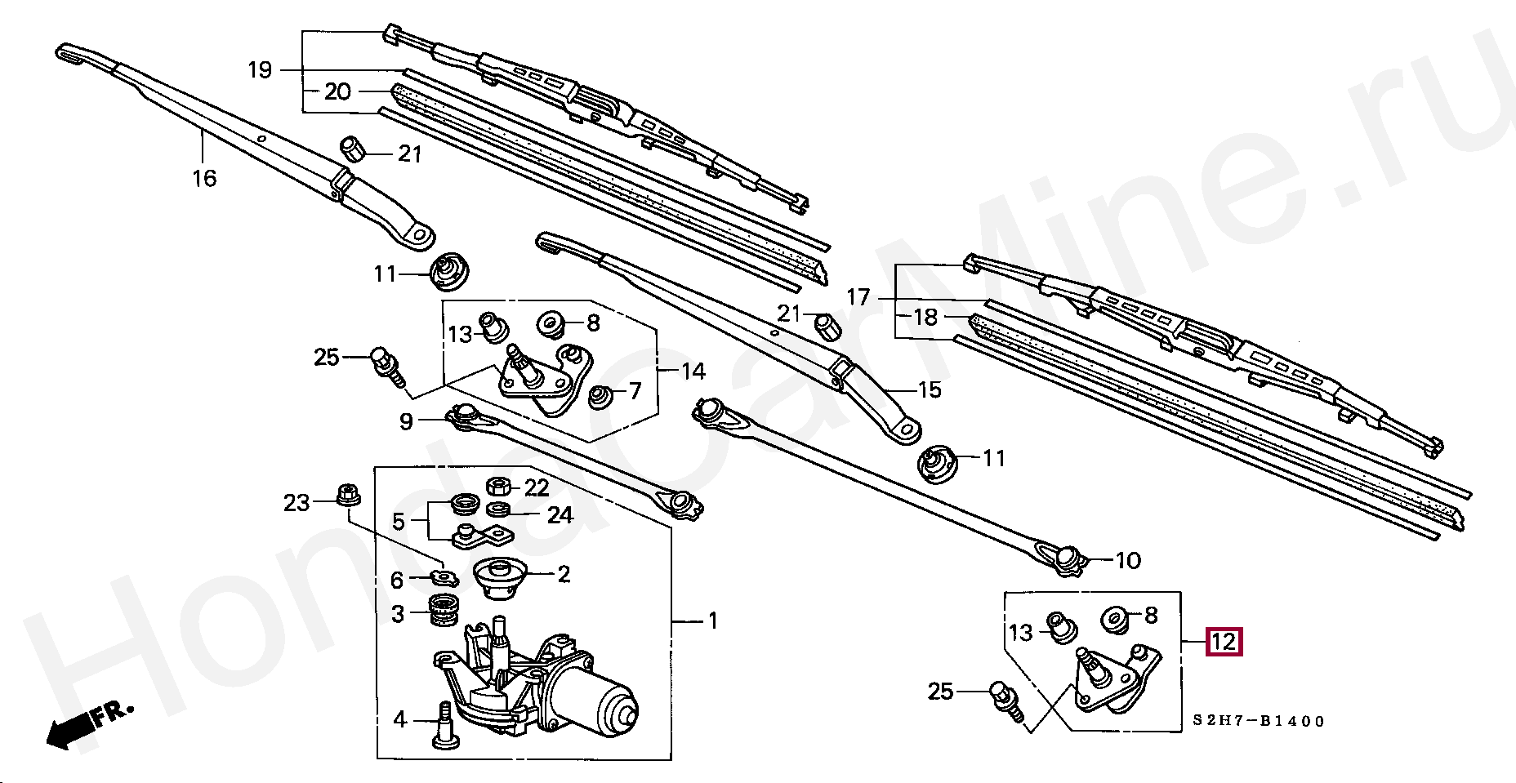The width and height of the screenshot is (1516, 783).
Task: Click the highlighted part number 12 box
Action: click(1224, 643)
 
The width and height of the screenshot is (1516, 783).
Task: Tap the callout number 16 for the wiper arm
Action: click(204, 177)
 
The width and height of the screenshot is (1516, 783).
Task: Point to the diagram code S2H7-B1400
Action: click(1258, 721)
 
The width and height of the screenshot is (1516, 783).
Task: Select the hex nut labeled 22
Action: click(497, 487)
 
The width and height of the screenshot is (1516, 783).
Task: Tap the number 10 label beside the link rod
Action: click(1127, 561)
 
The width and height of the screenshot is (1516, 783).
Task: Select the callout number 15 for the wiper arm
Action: click(930, 389)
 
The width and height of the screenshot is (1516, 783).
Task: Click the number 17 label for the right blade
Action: click(858, 297)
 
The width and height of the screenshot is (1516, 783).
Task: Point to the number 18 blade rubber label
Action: click(925, 317)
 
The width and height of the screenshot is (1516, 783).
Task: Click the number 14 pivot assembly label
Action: click(693, 371)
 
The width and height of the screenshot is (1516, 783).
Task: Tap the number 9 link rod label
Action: click(406, 422)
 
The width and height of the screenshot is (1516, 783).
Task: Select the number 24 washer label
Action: click(560, 515)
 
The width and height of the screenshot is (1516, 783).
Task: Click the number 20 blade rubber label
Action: click(337, 91)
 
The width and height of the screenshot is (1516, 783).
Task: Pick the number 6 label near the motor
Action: click(397, 581)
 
